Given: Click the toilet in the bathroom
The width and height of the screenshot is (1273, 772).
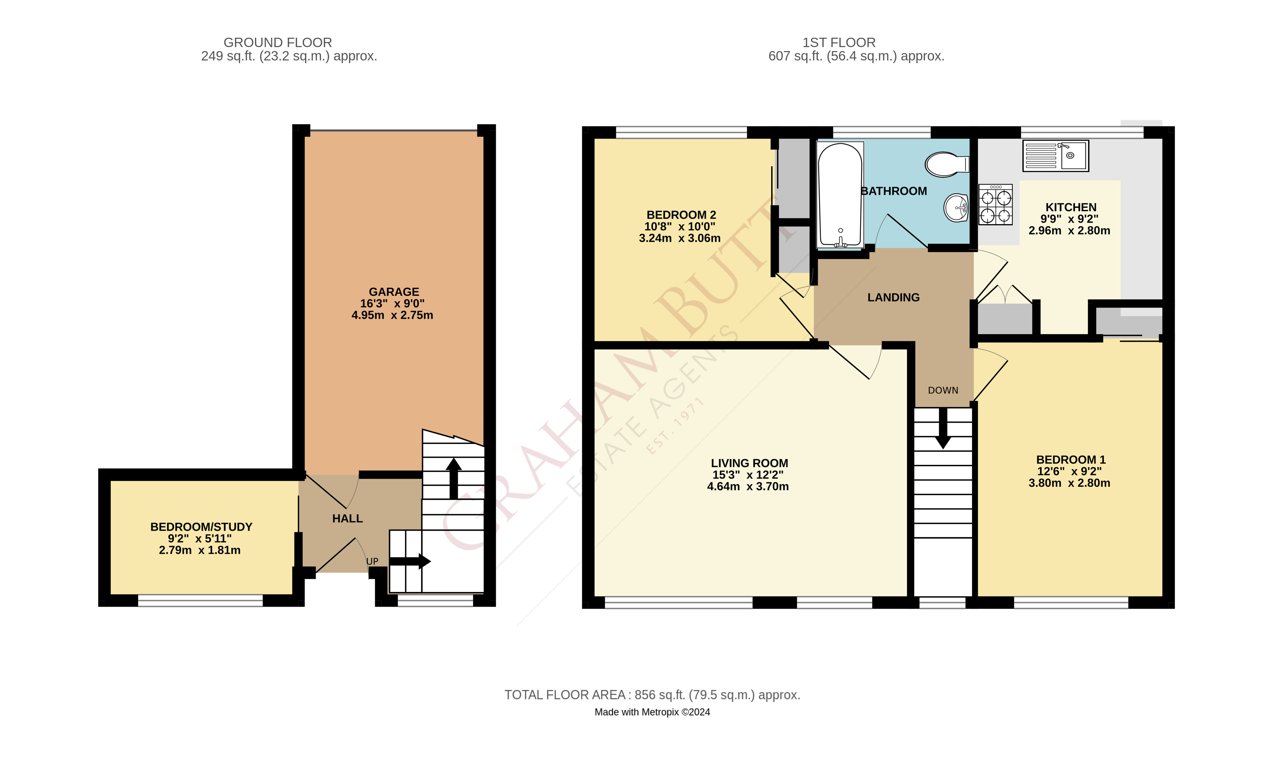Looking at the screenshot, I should point(946,164).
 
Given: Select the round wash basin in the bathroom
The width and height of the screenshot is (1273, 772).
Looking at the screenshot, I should point(956,208).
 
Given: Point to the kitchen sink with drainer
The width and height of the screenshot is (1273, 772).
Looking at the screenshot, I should point(1055,155).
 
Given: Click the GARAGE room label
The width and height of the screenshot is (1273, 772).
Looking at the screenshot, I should point(394,292).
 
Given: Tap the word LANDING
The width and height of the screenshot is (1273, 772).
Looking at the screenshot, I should point(893,298).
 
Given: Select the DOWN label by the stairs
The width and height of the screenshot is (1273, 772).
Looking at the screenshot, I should point(943,390).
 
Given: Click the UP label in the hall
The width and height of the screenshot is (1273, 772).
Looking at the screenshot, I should point(372,561).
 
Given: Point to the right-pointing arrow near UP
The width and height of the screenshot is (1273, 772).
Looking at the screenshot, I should point(411,561).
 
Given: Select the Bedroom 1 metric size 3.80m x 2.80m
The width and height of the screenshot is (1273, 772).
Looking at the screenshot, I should point(1069,483).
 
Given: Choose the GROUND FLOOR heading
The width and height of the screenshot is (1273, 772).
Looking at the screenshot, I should point(277,42).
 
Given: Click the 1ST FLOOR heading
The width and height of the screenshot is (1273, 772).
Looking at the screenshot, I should point(839,42).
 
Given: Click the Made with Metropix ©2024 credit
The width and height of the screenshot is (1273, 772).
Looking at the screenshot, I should point(652,712).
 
